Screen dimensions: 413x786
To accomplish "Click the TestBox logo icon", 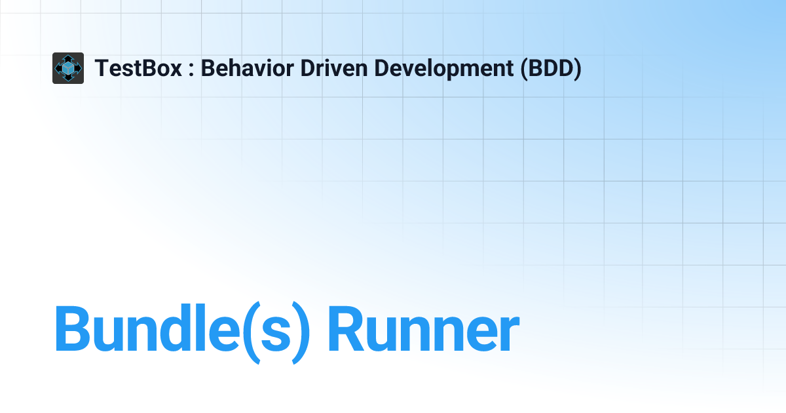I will [x=68, y=68].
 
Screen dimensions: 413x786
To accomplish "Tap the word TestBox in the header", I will [x=138, y=68].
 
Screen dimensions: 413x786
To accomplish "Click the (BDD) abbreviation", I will [x=551, y=68].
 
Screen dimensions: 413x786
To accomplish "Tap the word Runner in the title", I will [x=423, y=329].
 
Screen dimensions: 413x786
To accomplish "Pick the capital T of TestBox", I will [x=101, y=68].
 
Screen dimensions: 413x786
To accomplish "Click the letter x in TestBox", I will [x=176, y=69].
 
